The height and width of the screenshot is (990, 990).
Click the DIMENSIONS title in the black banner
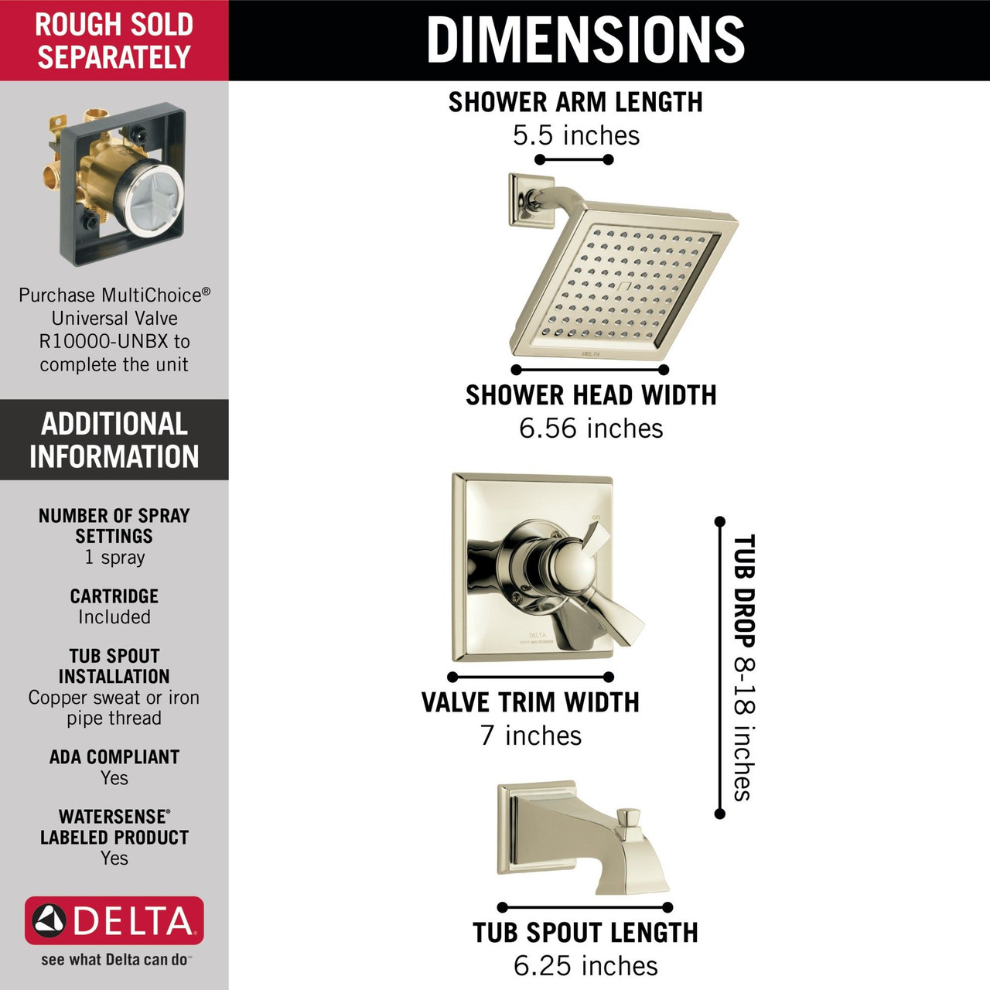585,39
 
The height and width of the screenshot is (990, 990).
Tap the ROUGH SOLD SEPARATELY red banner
114,40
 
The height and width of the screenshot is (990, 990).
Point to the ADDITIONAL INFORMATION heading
114,440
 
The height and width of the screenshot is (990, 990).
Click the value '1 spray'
114,558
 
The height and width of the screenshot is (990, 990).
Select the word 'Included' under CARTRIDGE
114,617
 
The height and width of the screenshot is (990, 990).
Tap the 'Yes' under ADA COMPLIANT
114,778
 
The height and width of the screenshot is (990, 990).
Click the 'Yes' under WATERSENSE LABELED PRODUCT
114,858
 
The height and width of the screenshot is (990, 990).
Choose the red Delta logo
114,920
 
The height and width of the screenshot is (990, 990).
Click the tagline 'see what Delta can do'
114,960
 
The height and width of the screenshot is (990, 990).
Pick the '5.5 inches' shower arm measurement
576,136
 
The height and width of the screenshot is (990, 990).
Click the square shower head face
626,282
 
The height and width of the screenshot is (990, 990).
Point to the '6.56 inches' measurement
591,428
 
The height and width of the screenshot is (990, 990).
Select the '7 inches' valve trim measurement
531,736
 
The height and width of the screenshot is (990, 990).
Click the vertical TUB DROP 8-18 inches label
743,667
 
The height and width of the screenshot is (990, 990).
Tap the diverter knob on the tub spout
632,820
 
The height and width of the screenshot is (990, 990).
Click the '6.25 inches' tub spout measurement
585,966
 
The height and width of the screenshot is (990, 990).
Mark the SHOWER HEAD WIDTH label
591,395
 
